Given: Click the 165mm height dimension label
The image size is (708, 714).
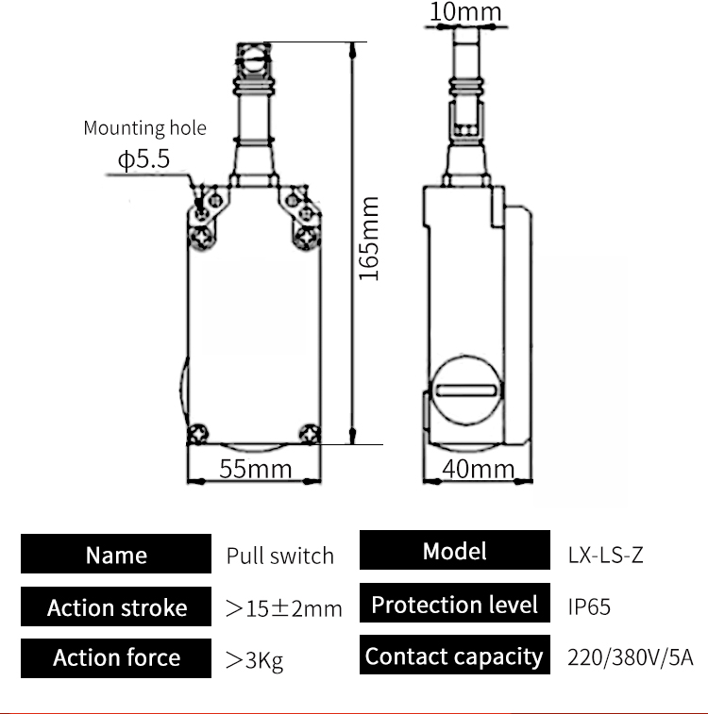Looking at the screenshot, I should tap(370, 238).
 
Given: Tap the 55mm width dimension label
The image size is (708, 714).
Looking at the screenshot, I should tap(255, 468).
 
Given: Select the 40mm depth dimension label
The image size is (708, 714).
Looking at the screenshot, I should tap(479, 469).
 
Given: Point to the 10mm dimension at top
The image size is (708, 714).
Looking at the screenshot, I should tap(466, 12).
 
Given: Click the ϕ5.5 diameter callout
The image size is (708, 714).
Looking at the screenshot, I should tap(143, 159).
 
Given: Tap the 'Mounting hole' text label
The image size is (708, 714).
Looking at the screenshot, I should tap(144, 128).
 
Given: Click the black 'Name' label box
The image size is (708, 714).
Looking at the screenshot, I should tap(116, 555).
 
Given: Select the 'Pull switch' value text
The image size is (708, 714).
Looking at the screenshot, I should tap(280, 556).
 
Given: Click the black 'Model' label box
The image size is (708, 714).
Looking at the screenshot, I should tap(454, 552).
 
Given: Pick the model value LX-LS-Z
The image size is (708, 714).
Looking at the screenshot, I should tap(605, 556).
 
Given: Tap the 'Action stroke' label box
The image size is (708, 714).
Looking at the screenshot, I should tap(116, 607).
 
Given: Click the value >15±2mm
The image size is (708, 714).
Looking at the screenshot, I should tap(283, 608).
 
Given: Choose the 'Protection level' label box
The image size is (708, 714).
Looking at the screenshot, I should tap(454, 605).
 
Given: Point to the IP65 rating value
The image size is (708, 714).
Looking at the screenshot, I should tap(589, 606).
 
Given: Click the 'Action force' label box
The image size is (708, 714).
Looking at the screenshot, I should tap(116, 657).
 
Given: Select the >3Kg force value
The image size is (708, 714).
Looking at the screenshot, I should tap(254, 660).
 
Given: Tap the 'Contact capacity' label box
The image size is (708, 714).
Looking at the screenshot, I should tap(454, 656).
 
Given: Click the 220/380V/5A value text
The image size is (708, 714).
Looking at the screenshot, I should tap(630, 656).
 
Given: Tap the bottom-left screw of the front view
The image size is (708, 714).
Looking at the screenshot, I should tap(198, 434).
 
